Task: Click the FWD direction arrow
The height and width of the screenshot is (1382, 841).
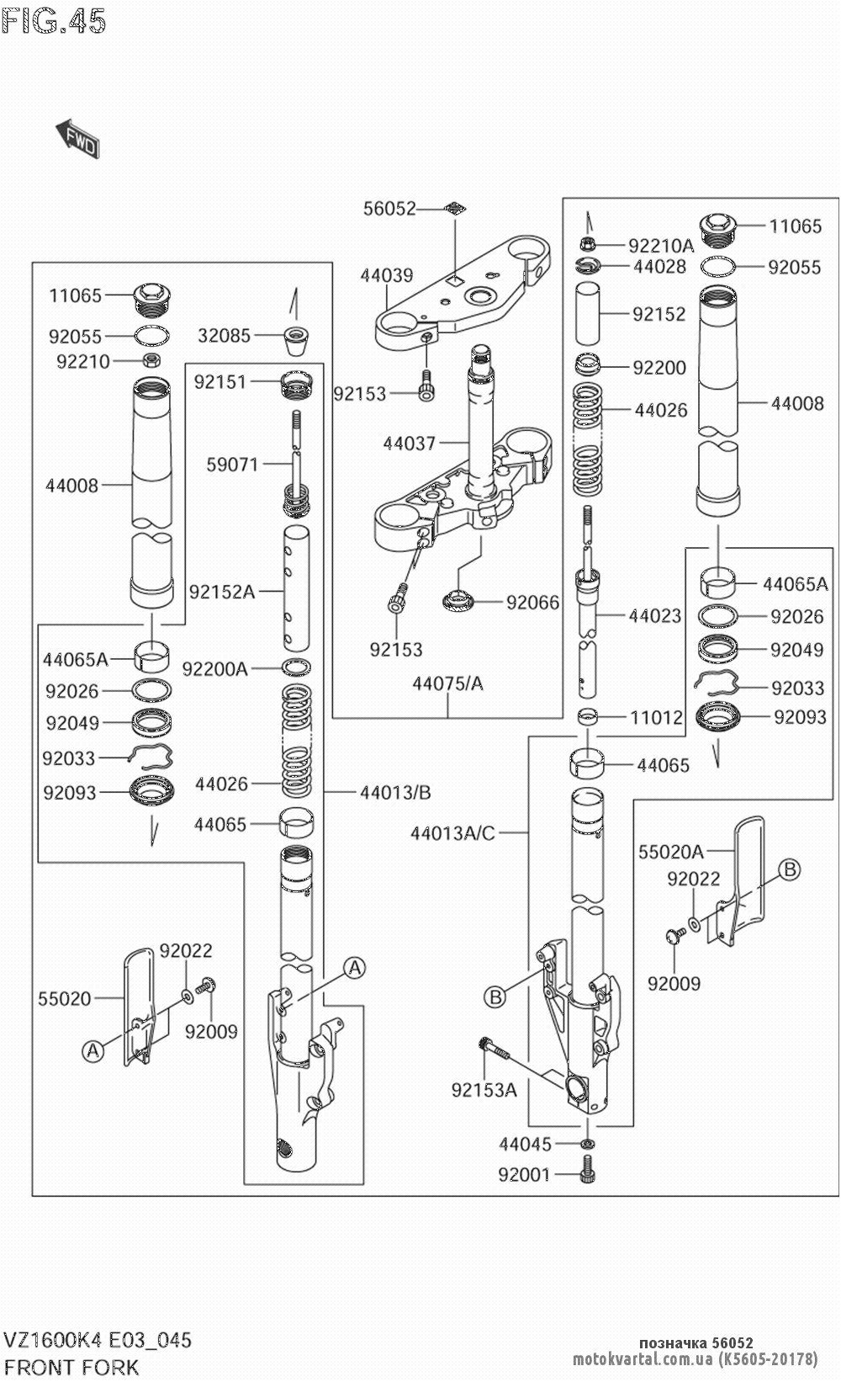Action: [77, 138]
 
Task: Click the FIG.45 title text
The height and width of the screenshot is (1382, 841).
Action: [54, 20]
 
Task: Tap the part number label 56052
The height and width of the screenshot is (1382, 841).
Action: [389, 209]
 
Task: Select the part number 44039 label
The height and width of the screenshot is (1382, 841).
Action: [387, 275]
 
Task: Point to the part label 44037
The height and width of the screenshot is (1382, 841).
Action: [410, 443]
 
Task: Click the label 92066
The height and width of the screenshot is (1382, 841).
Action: [532, 602]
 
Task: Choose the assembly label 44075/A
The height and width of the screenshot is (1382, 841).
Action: [447, 683]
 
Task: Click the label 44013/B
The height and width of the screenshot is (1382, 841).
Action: [395, 792]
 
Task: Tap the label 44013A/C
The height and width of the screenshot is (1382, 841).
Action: [453, 833]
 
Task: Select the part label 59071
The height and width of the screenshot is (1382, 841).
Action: [232, 464]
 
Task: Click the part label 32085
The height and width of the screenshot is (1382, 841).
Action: [225, 336]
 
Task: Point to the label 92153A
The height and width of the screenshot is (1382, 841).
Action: [484, 1090]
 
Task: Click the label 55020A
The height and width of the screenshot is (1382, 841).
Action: [671, 852]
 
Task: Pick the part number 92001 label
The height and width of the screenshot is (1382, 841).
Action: [524, 1175]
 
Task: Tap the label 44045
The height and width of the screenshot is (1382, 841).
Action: [526, 1145]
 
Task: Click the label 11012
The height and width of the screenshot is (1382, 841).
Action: [657, 718]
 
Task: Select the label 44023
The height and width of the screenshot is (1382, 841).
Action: [655, 616]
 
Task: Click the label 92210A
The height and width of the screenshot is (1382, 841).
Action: [662, 246]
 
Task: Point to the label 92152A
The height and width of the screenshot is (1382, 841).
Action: [222, 593]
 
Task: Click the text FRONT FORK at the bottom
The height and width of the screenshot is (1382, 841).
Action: [71, 1367]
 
